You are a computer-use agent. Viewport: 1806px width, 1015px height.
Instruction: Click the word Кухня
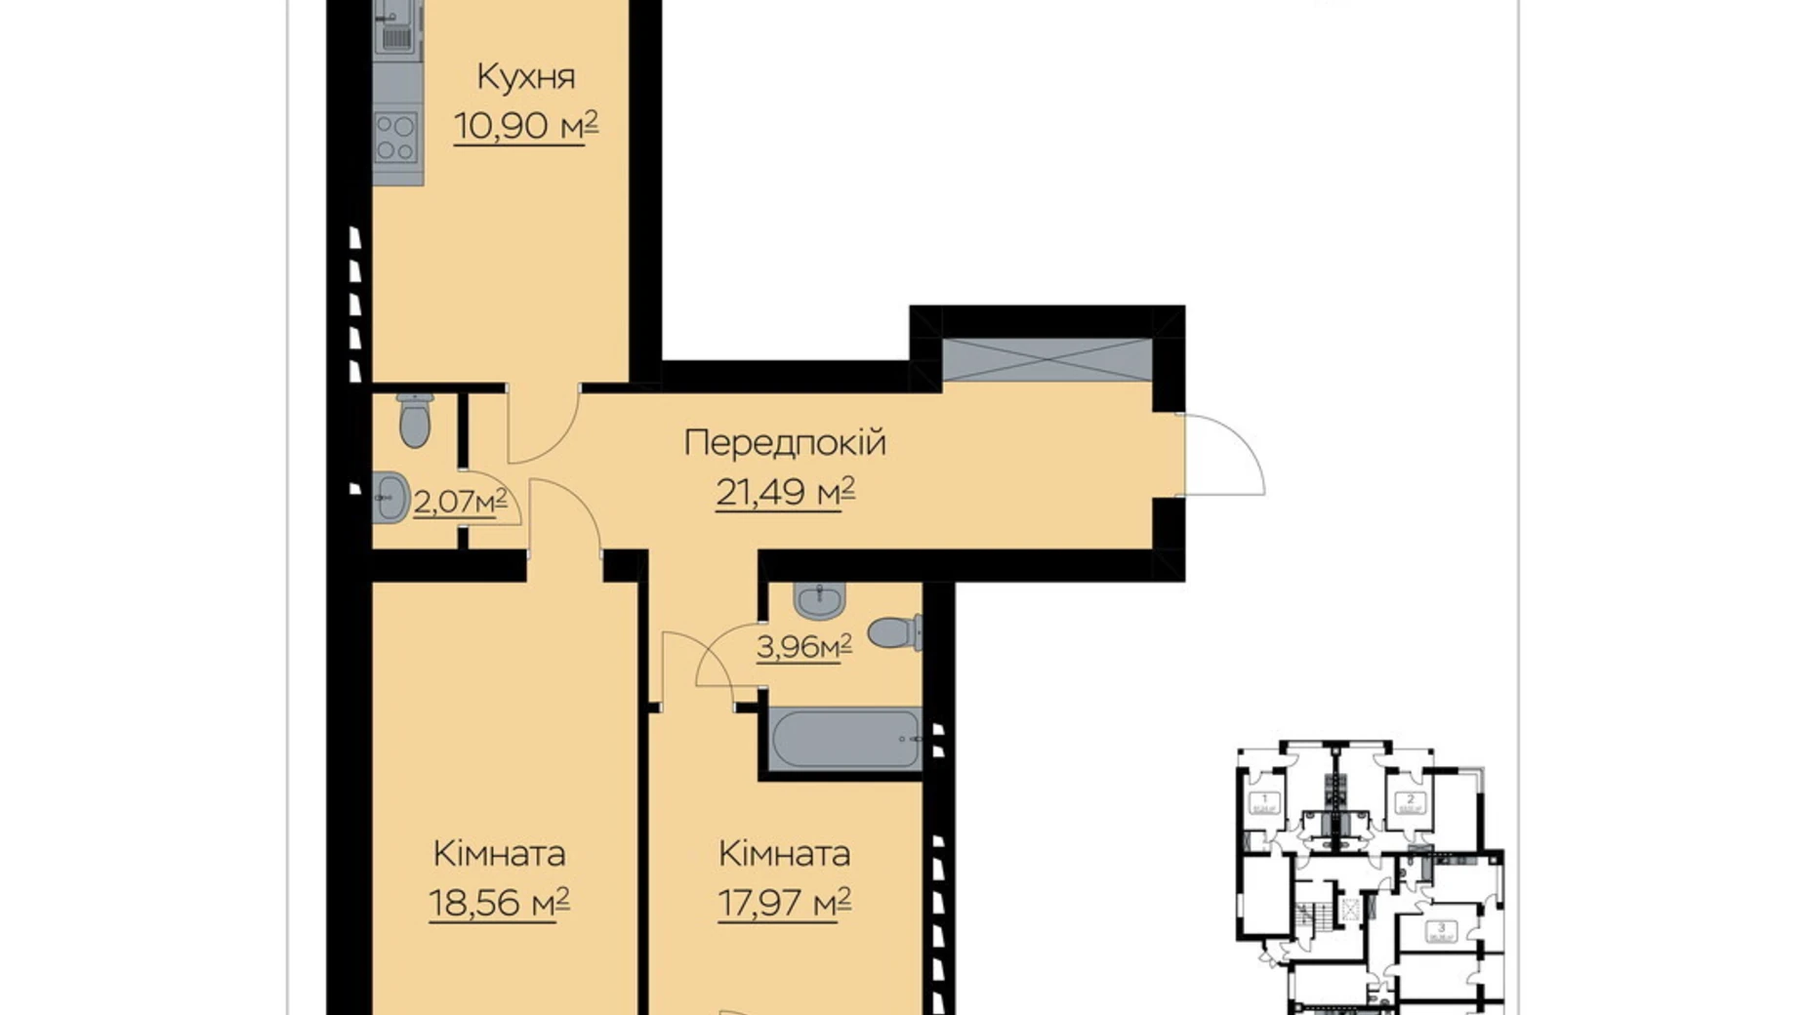coord(525,77)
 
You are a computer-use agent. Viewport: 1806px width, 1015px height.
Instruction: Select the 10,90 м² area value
coord(525,126)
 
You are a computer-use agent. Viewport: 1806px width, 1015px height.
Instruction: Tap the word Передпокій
coord(785,443)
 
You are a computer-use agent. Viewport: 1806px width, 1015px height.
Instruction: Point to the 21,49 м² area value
coord(785,492)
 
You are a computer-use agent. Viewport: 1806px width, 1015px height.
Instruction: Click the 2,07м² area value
coord(460,502)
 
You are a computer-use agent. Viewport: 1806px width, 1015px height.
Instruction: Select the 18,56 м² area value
coord(499,903)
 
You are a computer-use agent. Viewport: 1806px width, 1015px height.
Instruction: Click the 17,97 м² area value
coord(784,903)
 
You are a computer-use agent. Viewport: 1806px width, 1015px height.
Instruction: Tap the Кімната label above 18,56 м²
coord(499,854)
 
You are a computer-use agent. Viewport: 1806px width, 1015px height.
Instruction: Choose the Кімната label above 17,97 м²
coord(784,854)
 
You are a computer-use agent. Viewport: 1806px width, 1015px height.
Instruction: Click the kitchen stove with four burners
coord(396,138)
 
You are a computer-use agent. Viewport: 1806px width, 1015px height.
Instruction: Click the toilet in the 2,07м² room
coord(415,421)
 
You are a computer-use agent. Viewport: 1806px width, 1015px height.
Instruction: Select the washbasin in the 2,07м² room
coord(390,498)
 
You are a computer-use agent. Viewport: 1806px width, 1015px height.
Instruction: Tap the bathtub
coord(845,739)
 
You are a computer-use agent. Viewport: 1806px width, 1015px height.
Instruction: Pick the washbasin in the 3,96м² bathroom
coord(819,601)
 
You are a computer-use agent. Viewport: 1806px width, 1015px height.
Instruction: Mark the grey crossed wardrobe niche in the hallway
coord(1047,359)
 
